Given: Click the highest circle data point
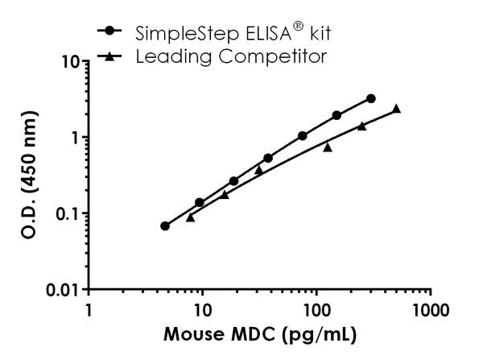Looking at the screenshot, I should coord(370,98).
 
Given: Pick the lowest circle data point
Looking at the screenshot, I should coord(165,226).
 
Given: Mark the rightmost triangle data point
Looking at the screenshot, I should coord(396,109).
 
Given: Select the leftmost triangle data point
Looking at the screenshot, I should coord(190,217).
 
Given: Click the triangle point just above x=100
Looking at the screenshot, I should coord(328,147).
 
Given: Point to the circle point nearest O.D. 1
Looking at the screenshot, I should coord(303,136).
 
